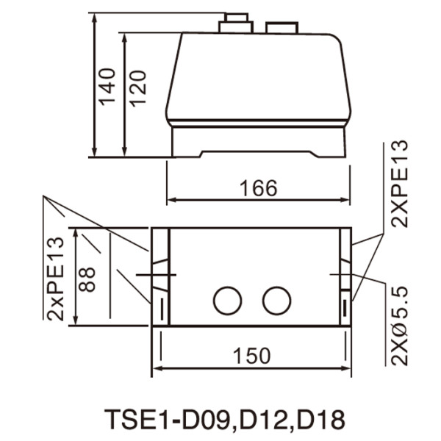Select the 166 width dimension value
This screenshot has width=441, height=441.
[258, 188]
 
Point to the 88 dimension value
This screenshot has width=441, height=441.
[87, 275]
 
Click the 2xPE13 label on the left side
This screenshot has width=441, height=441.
[55, 277]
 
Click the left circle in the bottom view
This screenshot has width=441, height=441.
[227, 300]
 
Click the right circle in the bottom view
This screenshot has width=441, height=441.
[277, 300]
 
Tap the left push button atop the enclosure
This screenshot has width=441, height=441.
[235, 24]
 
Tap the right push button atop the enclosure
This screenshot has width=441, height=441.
[282, 28]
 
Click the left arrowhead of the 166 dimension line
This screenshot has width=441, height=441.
[171, 199]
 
